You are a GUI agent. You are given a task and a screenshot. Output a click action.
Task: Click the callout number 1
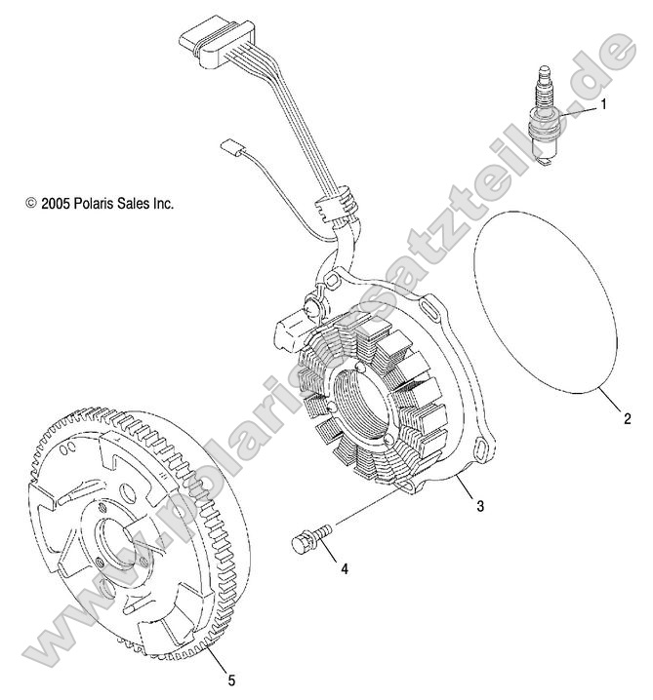click(604, 104)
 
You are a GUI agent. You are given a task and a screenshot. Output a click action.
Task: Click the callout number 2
click(628, 420)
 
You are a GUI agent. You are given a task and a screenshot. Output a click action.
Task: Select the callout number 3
click(480, 506)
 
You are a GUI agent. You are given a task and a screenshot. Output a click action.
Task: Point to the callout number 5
click(231, 679)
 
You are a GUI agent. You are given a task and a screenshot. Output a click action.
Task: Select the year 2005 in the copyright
click(54, 204)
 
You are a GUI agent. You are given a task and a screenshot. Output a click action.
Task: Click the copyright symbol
click(30, 204)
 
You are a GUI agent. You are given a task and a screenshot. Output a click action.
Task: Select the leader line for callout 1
click(582, 112)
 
